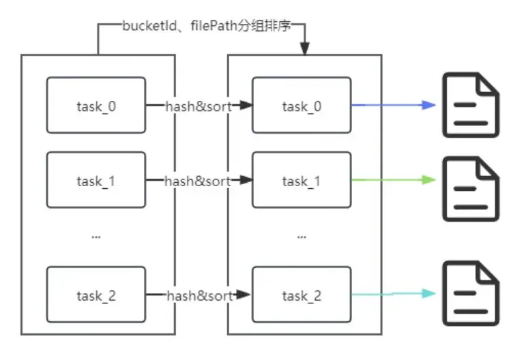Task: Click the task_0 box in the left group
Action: pos(96,106)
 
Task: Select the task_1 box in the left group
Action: pos(96,181)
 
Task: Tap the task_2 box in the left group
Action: pos(96,295)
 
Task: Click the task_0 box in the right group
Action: pos(302,106)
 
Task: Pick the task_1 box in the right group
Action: pos(302,181)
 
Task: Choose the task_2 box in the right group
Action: pos(302,295)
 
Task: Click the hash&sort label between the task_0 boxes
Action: pos(199,106)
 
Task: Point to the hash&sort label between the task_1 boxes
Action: pos(199,181)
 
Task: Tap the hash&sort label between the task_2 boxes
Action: pos(199,295)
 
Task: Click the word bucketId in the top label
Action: pos(145,27)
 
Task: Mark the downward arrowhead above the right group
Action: pos(304,49)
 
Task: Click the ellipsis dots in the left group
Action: pos(96,236)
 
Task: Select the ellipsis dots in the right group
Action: pos(302,236)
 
